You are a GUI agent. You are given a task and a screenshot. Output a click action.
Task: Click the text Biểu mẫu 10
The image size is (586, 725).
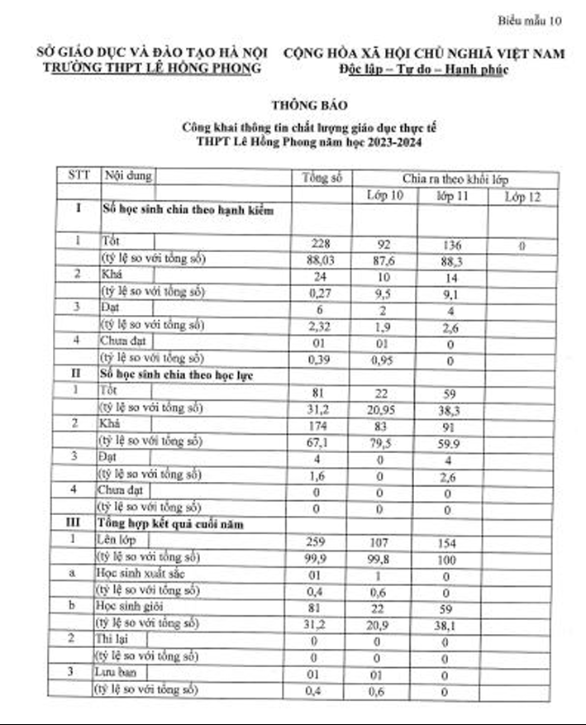(x=531, y=19)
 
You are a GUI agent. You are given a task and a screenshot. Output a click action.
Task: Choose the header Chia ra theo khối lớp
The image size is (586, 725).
(x=455, y=179)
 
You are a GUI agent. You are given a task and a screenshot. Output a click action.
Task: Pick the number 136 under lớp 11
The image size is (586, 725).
(x=452, y=245)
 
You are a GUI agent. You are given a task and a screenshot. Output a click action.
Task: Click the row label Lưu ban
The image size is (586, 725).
(x=116, y=675)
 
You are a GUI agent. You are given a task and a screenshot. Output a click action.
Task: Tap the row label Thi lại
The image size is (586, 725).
(x=112, y=639)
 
